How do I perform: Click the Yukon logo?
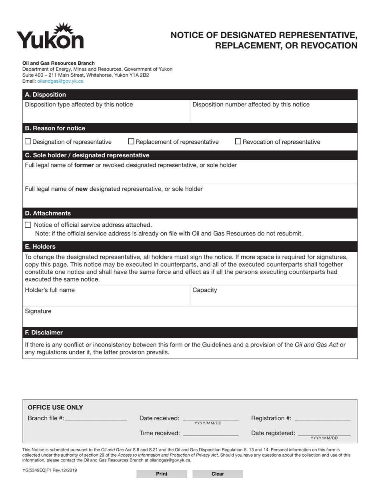tap(50, 36)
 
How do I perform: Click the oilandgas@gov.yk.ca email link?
tap(60, 81)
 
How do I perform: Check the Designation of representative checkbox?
tap(28, 141)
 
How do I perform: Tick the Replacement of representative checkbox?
tap(131, 141)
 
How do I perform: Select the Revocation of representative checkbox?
tap(238, 141)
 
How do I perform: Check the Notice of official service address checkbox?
tap(28, 225)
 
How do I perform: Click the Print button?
tap(162, 474)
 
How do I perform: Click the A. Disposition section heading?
tap(45, 95)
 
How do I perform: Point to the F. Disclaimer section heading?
tap(44, 332)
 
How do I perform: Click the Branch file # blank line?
tap(96, 419)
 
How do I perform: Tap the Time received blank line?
tap(210, 434)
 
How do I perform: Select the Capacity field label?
tap(205, 290)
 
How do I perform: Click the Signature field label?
tap(38, 311)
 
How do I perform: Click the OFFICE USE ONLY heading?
tap(55, 408)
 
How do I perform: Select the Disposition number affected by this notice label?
tap(251, 105)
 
